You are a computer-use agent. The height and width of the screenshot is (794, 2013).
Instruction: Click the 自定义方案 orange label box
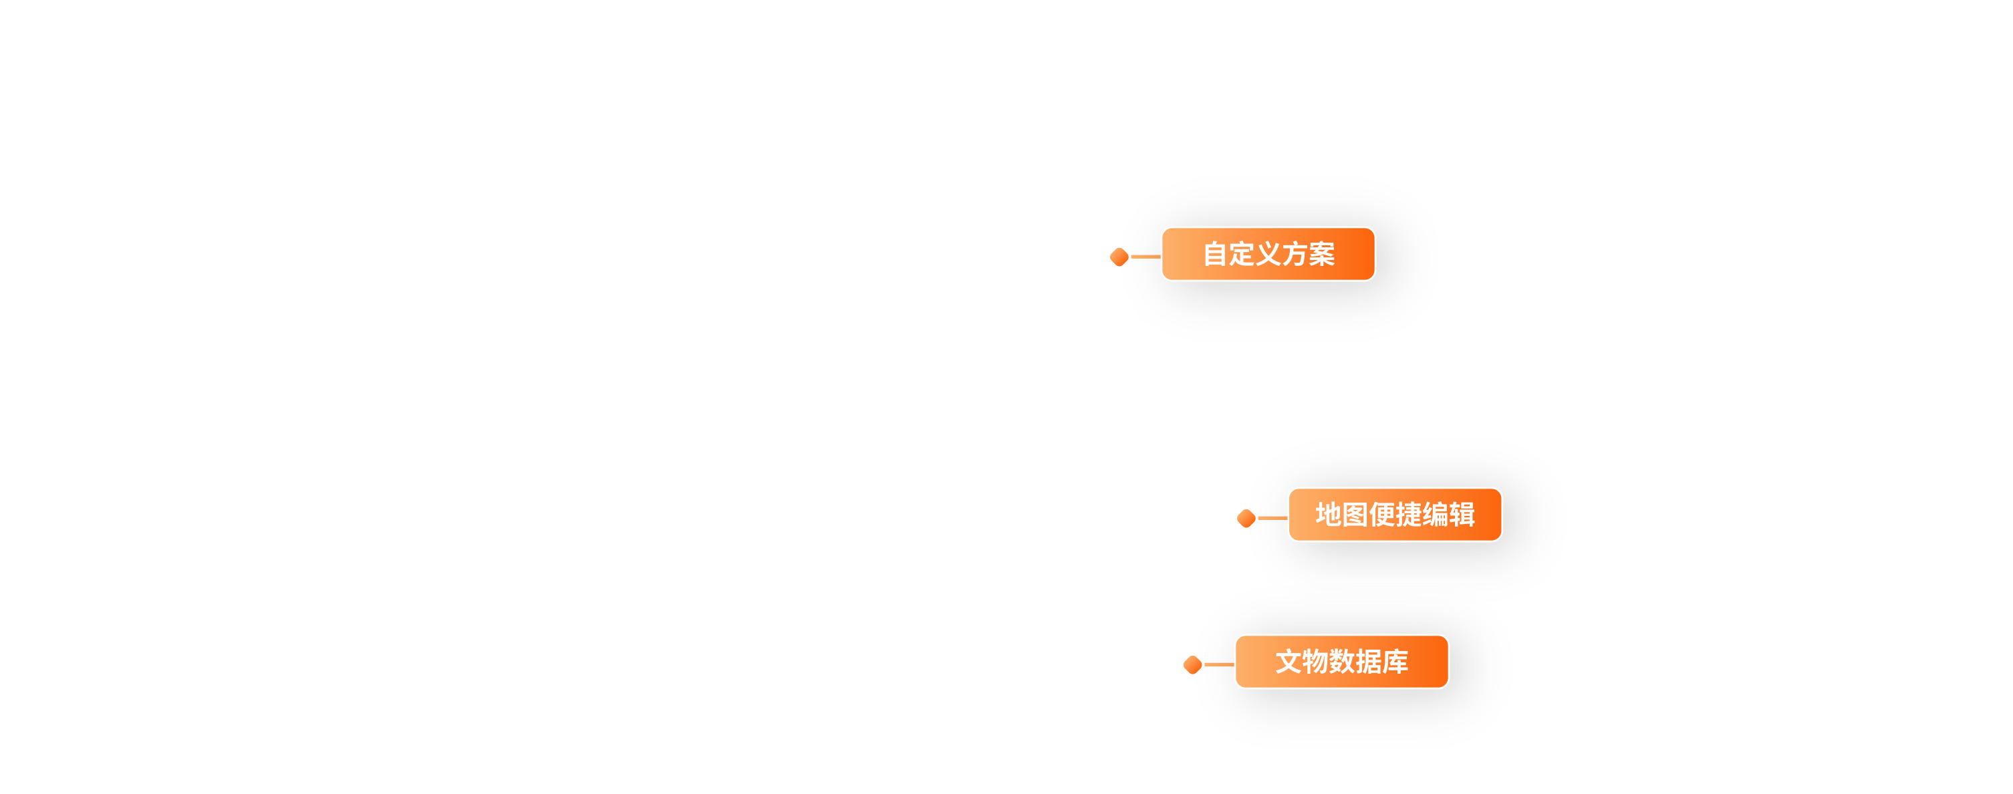[1268, 254]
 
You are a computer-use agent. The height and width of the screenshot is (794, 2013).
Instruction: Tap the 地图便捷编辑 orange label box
[1394, 514]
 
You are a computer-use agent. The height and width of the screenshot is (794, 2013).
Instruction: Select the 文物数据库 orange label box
[1341, 662]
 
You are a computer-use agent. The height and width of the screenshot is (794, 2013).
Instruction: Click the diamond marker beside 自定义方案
[1119, 257]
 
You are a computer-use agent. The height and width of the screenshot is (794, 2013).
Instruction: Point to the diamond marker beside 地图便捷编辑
[1246, 517]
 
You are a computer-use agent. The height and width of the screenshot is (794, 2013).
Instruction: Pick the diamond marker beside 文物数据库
[1192, 664]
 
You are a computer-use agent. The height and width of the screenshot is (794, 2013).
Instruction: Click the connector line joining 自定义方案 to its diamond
[1146, 257]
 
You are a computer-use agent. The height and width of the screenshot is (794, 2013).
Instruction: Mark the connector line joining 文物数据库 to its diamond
[1219, 664]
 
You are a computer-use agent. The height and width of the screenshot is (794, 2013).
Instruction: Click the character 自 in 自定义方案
[1215, 254]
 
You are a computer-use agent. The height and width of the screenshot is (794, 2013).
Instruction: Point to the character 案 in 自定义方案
[1321, 254]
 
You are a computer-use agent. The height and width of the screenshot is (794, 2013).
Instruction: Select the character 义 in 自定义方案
[1268, 254]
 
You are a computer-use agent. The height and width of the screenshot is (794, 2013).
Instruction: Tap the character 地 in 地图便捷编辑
[1329, 514]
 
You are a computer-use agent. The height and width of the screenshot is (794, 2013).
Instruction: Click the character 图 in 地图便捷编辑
[1355, 514]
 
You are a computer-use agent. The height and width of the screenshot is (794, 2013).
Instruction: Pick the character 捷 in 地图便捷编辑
[1408, 514]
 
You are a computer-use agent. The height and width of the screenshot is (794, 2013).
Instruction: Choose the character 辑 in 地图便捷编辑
[1462, 514]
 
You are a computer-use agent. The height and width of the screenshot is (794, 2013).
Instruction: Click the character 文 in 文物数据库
[1289, 662]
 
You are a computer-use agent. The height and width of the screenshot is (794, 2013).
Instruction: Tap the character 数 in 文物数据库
[1342, 662]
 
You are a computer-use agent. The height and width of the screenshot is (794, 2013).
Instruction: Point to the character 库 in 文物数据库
[1395, 662]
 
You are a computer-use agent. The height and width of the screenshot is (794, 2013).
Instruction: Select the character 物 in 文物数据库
[1315, 662]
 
